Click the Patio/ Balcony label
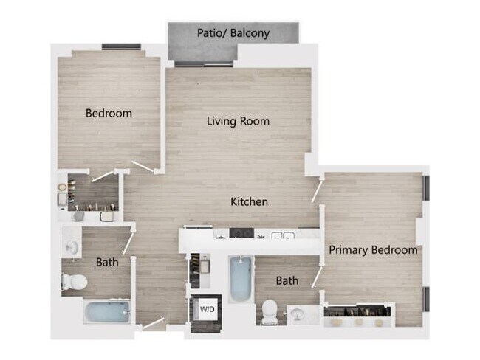click(233, 33)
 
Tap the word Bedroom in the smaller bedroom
click(109, 114)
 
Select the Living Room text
click(238, 121)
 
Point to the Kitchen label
click(249, 201)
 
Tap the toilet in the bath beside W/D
click(270, 311)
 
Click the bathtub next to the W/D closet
click(239, 280)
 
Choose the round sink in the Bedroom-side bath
click(72, 246)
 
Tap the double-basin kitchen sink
click(282, 236)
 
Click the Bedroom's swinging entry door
click(143, 167)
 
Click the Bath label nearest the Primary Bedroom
click(287, 281)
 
